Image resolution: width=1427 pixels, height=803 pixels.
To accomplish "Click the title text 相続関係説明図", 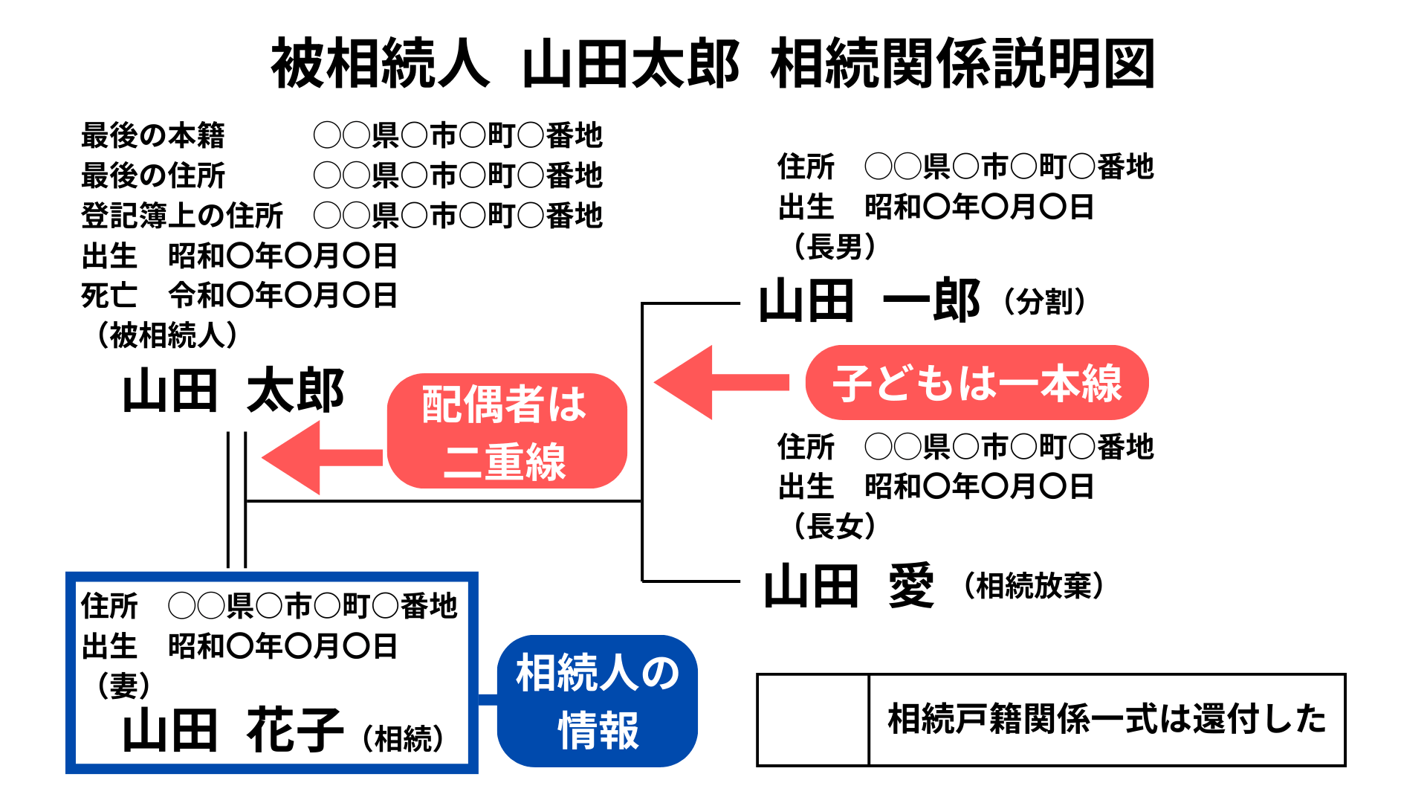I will click(962, 64).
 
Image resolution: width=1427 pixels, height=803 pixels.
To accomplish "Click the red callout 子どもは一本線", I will click(977, 383).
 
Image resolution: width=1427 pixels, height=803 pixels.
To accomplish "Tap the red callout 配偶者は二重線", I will click(506, 431).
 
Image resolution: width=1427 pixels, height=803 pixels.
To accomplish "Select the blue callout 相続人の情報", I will click(598, 700).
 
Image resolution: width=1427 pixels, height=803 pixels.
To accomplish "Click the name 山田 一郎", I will click(868, 302).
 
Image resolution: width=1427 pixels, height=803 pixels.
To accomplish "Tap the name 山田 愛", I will click(848, 586).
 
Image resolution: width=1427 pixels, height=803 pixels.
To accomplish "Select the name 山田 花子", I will click(232, 731).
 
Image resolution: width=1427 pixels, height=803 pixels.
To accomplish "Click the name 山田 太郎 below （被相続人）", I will click(233, 391).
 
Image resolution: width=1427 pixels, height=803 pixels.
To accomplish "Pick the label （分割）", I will click(1045, 302).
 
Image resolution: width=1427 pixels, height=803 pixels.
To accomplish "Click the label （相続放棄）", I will click(1033, 586).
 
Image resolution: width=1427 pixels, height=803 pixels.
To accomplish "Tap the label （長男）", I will click(835, 247).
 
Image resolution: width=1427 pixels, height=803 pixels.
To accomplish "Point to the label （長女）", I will click(835, 526).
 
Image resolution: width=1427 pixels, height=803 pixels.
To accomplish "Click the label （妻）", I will click(123, 685).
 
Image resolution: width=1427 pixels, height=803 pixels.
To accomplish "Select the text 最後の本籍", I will click(152, 136).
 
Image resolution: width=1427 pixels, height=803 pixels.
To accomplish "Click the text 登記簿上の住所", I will click(182, 216).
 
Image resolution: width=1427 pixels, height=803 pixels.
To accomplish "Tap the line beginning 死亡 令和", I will click(239, 296).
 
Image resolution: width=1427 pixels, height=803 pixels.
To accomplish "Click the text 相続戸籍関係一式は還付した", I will click(1107, 720).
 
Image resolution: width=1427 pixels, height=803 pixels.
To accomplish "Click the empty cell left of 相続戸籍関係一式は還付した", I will click(813, 720).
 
